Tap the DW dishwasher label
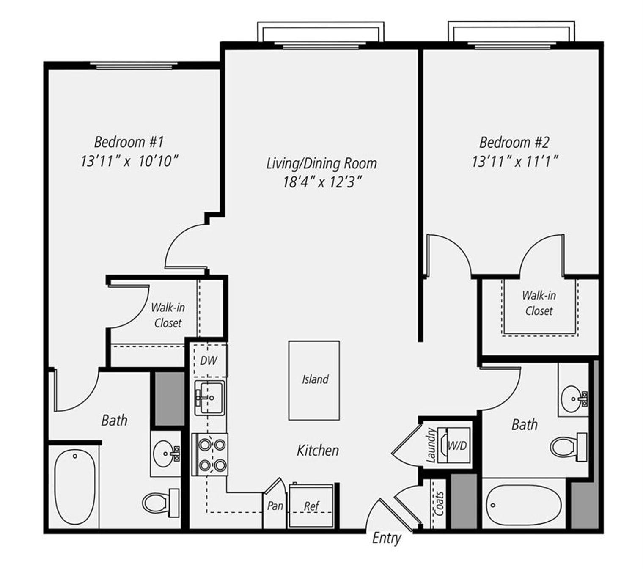pos(209,360)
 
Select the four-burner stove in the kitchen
pos(210,454)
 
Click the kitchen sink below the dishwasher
pos(209,397)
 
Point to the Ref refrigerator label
pos(311,506)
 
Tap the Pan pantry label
pos(275,506)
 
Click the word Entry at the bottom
pos(387,539)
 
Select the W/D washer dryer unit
pos(456,446)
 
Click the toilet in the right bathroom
pos(568,446)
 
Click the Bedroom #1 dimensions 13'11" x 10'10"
pos(129,162)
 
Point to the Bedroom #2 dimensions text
pos(515,161)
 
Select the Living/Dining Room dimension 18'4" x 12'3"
pos(322,182)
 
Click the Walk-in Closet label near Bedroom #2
pos(539,303)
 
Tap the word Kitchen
pos(318,451)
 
